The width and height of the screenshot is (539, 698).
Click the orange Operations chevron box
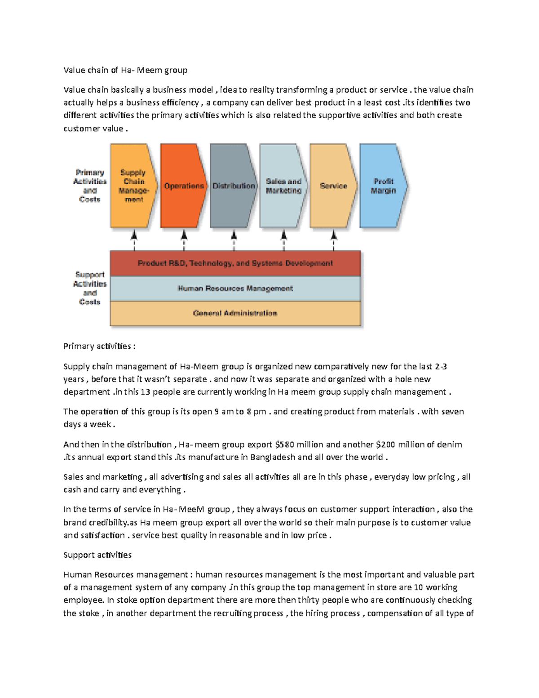[x=183, y=186]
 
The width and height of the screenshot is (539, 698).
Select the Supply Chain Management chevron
[x=133, y=186]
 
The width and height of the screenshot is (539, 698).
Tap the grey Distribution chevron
[x=233, y=186]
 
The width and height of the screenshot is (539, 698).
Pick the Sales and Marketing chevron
[x=283, y=186]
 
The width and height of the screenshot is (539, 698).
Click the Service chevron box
[x=333, y=186]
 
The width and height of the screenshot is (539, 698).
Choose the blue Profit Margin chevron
[x=383, y=186]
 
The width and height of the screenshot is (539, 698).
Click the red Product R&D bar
[x=235, y=263]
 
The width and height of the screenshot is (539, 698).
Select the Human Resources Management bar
[x=235, y=289]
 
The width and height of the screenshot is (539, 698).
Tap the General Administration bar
[x=235, y=313]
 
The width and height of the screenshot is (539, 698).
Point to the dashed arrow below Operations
[x=184, y=240]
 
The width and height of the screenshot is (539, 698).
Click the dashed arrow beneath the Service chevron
[x=333, y=240]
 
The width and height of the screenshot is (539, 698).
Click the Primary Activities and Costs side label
[x=90, y=186]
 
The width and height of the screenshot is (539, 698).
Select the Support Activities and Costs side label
[x=90, y=288]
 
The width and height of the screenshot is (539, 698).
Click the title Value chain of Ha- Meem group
[x=125, y=70]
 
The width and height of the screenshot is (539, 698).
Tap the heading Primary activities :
[x=99, y=346]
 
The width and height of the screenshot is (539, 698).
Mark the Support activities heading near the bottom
[x=97, y=555]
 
